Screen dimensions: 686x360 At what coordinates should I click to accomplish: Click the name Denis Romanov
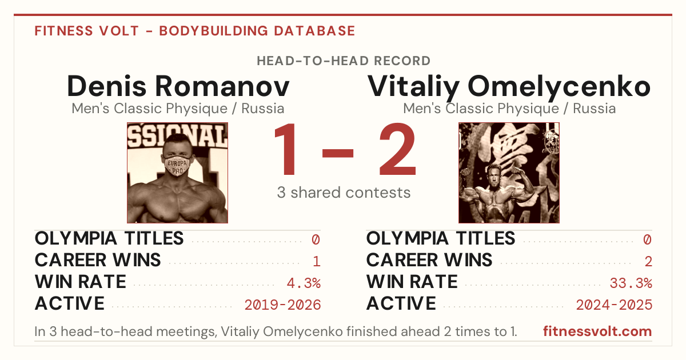[178, 86]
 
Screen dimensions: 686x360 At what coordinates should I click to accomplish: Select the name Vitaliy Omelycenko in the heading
[509, 87]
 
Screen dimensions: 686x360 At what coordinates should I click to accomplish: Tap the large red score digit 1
[285, 149]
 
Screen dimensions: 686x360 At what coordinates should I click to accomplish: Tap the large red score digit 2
[398, 149]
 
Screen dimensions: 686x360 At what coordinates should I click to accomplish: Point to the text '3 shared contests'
[344, 193]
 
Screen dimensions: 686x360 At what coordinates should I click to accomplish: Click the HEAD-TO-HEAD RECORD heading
[344, 61]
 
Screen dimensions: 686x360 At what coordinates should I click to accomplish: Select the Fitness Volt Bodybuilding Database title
[195, 31]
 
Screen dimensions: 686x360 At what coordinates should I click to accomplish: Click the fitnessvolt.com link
[597, 331]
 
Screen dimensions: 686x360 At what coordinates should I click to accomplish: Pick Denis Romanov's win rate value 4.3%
[304, 283]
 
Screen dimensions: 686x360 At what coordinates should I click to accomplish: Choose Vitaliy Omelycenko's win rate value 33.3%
[631, 283]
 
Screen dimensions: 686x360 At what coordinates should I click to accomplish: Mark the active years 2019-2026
[282, 305]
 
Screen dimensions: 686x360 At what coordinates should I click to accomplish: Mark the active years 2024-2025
[614, 305]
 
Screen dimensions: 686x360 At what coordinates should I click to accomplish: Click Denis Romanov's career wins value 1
[317, 261]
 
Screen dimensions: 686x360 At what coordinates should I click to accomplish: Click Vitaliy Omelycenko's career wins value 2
[648, 261]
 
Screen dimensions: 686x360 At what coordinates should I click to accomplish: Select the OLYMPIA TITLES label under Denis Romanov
[109, 238]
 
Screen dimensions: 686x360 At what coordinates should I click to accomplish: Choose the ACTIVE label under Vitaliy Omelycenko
[401, 303]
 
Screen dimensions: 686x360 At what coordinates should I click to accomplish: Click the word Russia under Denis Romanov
[263, 109]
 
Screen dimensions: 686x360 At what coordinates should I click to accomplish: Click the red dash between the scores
[338, 153]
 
